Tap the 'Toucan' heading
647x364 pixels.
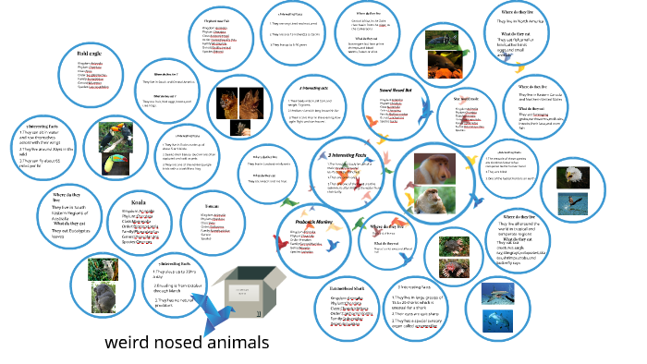[x=215, y=206]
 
